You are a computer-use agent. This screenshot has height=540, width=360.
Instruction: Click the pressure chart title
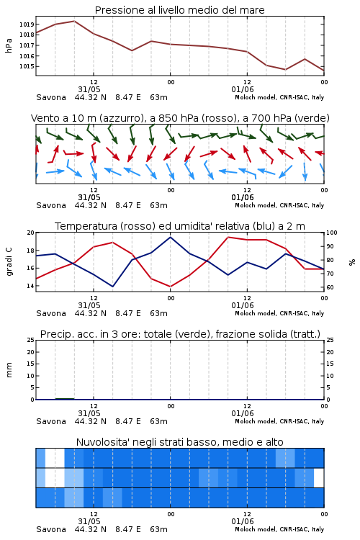tap(179, 10)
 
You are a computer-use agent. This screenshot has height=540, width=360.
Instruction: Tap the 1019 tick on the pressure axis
tap(27, 24)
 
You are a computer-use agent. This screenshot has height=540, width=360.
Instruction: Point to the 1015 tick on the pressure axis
tap(27, 66)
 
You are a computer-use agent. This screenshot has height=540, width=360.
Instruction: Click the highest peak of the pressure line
tap(74, 21)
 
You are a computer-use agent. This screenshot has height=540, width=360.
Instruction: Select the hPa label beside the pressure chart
tap(9, 45)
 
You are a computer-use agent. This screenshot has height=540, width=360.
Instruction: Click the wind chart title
tap(180, 118)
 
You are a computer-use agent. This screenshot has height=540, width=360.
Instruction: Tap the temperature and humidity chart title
tap(180, 226)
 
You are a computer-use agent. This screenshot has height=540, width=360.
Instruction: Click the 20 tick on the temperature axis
tap(31, 233)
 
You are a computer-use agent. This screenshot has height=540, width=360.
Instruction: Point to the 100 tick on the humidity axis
tap(332, 233)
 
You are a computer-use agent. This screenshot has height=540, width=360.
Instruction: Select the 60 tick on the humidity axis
tap(330, 287)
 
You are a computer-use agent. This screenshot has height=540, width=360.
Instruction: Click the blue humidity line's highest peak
tap(170, 237)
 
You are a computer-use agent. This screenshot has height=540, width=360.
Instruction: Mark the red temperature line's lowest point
tap(170, 287)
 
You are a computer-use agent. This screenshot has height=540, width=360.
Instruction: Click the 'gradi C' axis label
tap(9, 261)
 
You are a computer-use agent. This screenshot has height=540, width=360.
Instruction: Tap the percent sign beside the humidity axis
tap(352, 262)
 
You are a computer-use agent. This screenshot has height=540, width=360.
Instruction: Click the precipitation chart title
tap(180, 334)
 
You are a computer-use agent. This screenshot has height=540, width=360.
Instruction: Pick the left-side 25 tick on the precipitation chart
tap(31, 340)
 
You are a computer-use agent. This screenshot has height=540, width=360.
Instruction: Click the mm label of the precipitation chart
tap(9, 370)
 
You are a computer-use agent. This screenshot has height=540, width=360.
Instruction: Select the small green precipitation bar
tap(65, 398)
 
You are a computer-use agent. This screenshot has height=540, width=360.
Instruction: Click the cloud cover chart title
tap(179, 442)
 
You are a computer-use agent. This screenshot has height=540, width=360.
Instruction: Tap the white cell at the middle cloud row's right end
tap(319, 477)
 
